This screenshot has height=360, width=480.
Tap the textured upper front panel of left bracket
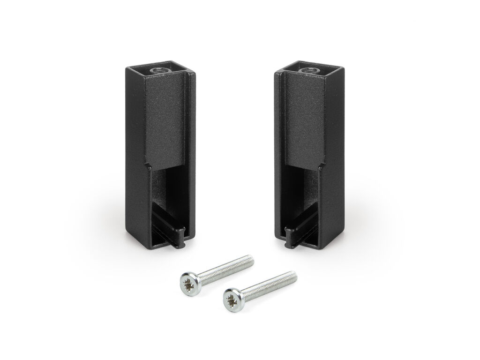coord(164,122)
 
